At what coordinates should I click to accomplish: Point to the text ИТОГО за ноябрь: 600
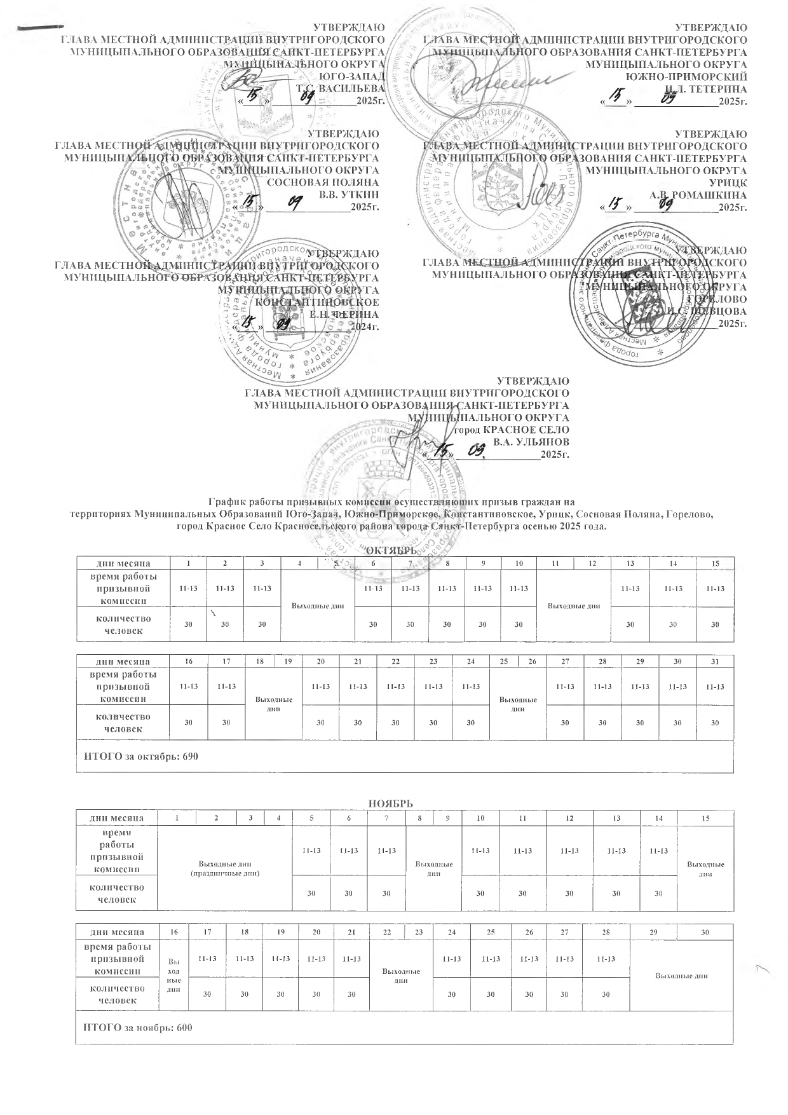tap(138, 1028)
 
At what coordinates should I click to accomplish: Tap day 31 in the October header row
tap(716, 662)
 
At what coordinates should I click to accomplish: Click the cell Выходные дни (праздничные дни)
tap(225, 868)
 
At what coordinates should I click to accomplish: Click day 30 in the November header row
tap(704, 932)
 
